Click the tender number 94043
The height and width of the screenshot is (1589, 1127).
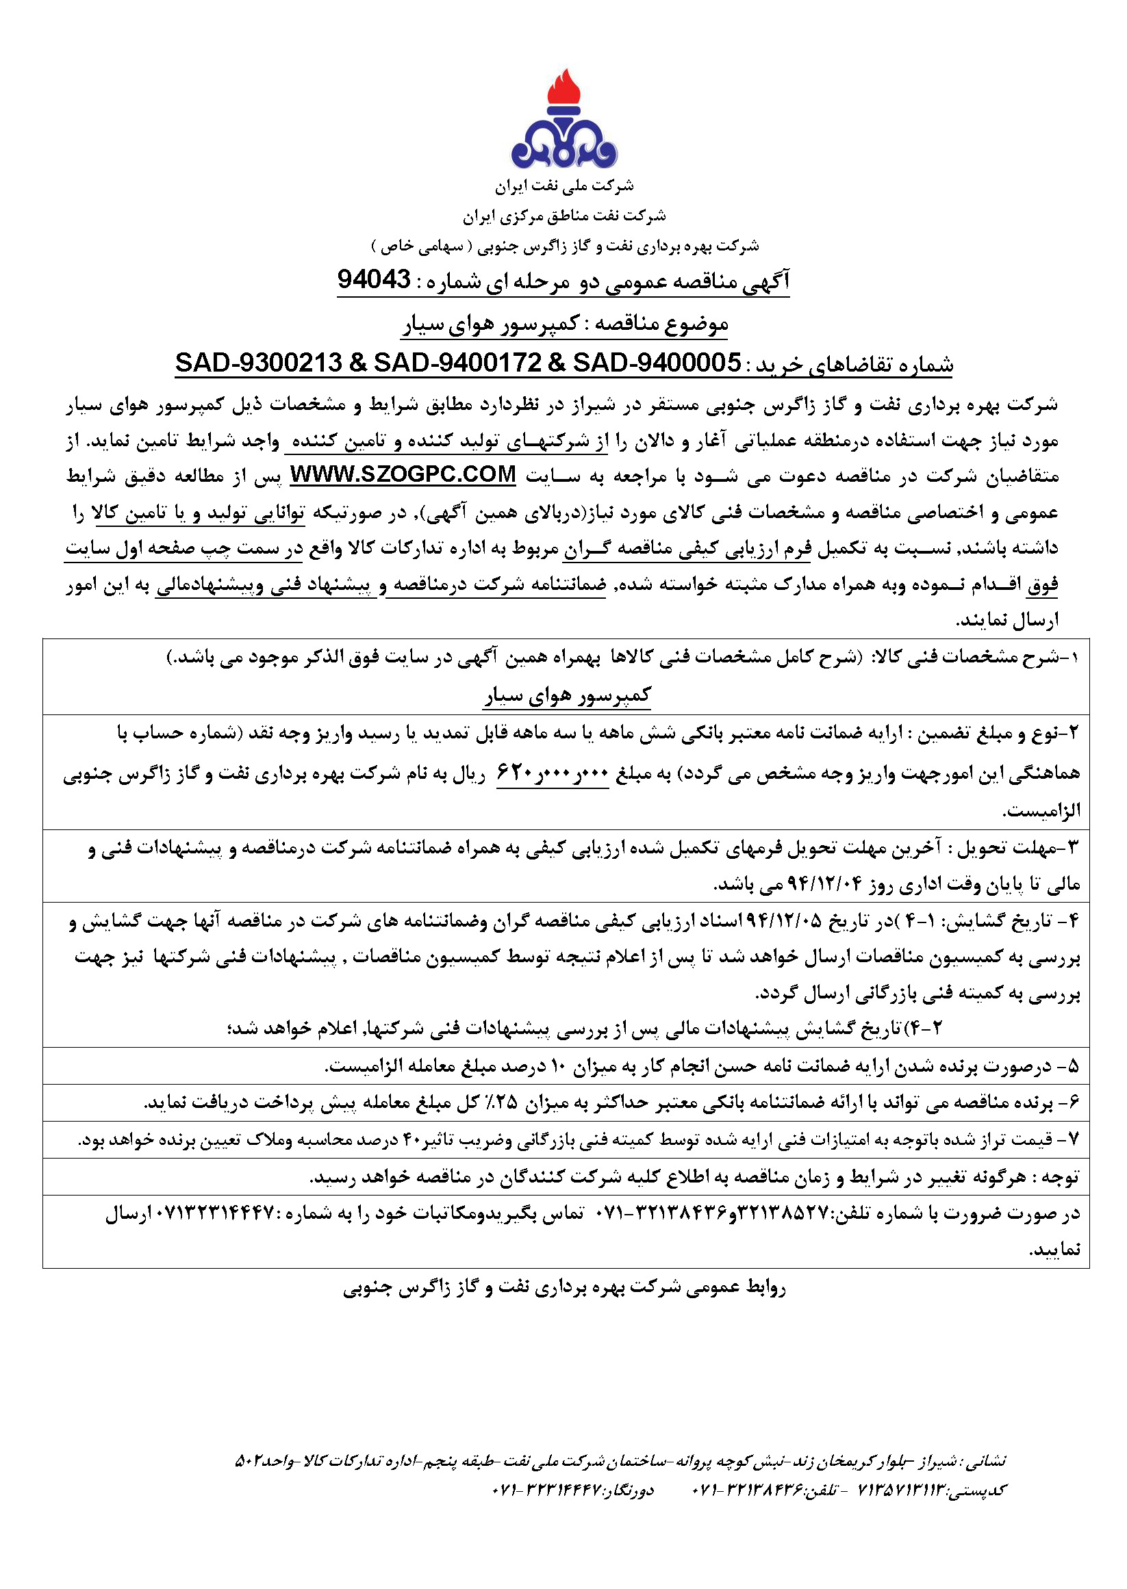coord(374,279)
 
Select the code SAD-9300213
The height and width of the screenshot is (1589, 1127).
coord(259,362)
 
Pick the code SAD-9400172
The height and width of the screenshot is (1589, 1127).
coord(458,362)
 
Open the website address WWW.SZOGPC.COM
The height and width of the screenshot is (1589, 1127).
coord(403,474)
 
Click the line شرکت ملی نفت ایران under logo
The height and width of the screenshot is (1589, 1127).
coord(564,186)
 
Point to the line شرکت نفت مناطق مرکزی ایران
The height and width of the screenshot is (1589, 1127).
coord(564,216)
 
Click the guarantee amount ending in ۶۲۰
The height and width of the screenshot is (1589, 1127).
coord(553,773)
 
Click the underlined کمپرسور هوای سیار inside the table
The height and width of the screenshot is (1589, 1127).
coord(567,695)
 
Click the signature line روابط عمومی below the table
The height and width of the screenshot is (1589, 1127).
coord(564,1287)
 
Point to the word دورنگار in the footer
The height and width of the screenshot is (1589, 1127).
coord(632,1489)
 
